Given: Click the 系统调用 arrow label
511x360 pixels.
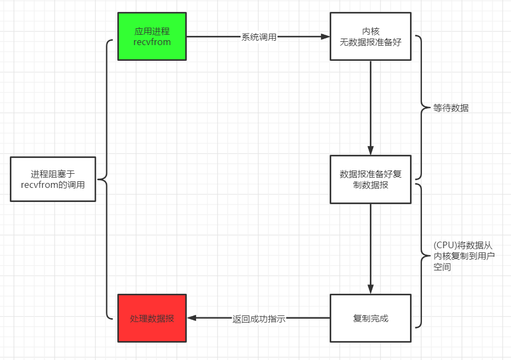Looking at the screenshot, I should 259,37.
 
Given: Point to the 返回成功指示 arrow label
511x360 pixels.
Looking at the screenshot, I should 258,319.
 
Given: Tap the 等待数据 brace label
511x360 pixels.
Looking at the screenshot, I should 451,108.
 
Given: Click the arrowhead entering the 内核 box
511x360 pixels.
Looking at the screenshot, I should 325,37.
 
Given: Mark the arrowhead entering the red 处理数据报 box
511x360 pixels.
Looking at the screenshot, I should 192,318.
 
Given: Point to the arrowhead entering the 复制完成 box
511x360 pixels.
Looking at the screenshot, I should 370,289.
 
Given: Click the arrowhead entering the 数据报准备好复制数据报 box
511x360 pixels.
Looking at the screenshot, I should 370,151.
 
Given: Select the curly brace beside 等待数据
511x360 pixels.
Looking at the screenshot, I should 421,108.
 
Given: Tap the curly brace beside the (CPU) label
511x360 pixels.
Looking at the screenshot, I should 421,255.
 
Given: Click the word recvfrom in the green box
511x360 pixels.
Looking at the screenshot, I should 152,42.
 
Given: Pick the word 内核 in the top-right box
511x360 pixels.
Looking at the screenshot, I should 370,31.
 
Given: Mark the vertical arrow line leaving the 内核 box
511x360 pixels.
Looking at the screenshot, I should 370,103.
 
